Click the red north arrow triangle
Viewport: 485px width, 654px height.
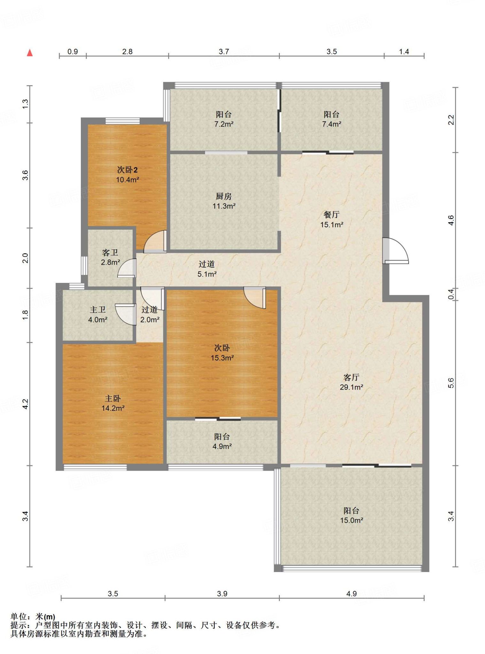point(30,53)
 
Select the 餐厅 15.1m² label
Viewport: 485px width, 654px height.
point(332,219)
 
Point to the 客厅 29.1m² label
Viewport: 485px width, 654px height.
point(351,382)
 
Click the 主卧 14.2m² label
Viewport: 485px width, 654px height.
point(113,403)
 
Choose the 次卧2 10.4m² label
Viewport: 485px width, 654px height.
point(127,174)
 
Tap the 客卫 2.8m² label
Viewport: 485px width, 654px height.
point(110,257)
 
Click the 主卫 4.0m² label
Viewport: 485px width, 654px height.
point(97,314)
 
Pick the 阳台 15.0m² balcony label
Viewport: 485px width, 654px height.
point(351,515)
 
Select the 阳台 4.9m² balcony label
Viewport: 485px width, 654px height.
point(222,441)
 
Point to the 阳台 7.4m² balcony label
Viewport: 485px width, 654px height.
point(332,119)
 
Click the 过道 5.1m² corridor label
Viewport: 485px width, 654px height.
point(207,269)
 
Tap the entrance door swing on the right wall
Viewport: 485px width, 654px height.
point(396,251)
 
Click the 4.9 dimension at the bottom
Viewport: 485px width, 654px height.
point(351,594)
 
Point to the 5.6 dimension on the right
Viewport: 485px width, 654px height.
point(451,383)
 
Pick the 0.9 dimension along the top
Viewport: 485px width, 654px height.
point(73,52)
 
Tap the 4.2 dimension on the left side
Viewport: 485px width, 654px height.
point(25,404)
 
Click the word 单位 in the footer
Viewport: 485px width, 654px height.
point(19,617)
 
